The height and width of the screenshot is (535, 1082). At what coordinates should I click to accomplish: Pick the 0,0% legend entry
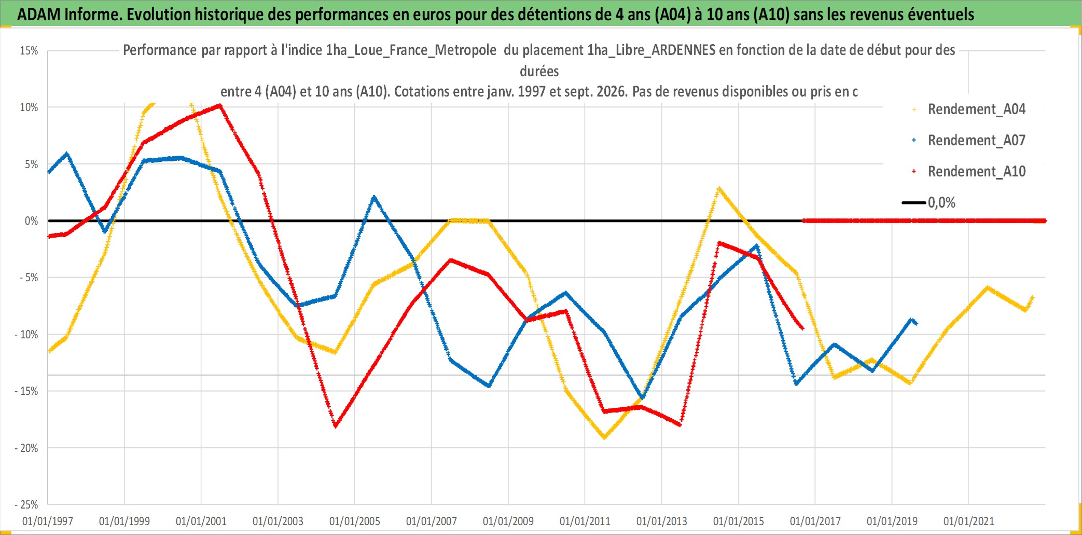[x=928, y=202]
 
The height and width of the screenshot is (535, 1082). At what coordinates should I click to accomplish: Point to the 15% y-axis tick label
[x=29, y=50]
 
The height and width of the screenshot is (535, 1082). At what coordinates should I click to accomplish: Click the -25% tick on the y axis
[x=26, y=504]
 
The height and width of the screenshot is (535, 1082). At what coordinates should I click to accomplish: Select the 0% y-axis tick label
[x=32, y=221]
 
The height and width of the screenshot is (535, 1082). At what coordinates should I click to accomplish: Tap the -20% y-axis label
[x=26, y=447]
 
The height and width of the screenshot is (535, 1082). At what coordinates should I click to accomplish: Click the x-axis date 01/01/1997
[x=48, y=520]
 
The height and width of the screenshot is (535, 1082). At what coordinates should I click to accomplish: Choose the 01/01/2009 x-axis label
[x=508, y=520]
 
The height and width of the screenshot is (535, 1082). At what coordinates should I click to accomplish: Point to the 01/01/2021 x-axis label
[x=969, y=520]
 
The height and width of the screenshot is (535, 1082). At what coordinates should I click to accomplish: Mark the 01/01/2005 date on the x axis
[x=355, y=520]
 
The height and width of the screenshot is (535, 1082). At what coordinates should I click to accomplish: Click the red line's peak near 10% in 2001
[x=220, y=105]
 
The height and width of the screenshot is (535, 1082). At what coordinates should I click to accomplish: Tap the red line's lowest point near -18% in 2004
[x=336, y=426]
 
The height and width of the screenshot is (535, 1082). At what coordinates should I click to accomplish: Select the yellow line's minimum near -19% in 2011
[x=604, y=437]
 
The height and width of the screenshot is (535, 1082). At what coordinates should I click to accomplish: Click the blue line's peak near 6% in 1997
[x=67, y=154]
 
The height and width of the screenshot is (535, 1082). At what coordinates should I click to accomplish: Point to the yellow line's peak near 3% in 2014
[x=719, y=188]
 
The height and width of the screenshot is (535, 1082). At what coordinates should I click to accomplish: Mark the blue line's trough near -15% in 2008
[x=489, y=386]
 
